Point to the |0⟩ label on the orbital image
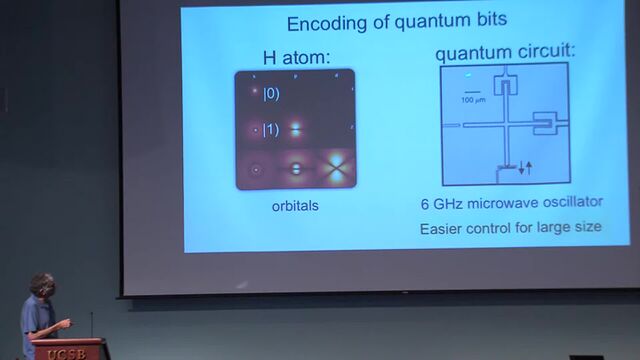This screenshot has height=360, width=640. point(271,95)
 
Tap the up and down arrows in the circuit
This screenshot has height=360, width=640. point(525,167)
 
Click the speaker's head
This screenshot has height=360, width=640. point(41,286)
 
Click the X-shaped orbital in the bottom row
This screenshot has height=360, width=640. point(337,169)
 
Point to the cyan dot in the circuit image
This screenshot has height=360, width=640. point(469,75)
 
